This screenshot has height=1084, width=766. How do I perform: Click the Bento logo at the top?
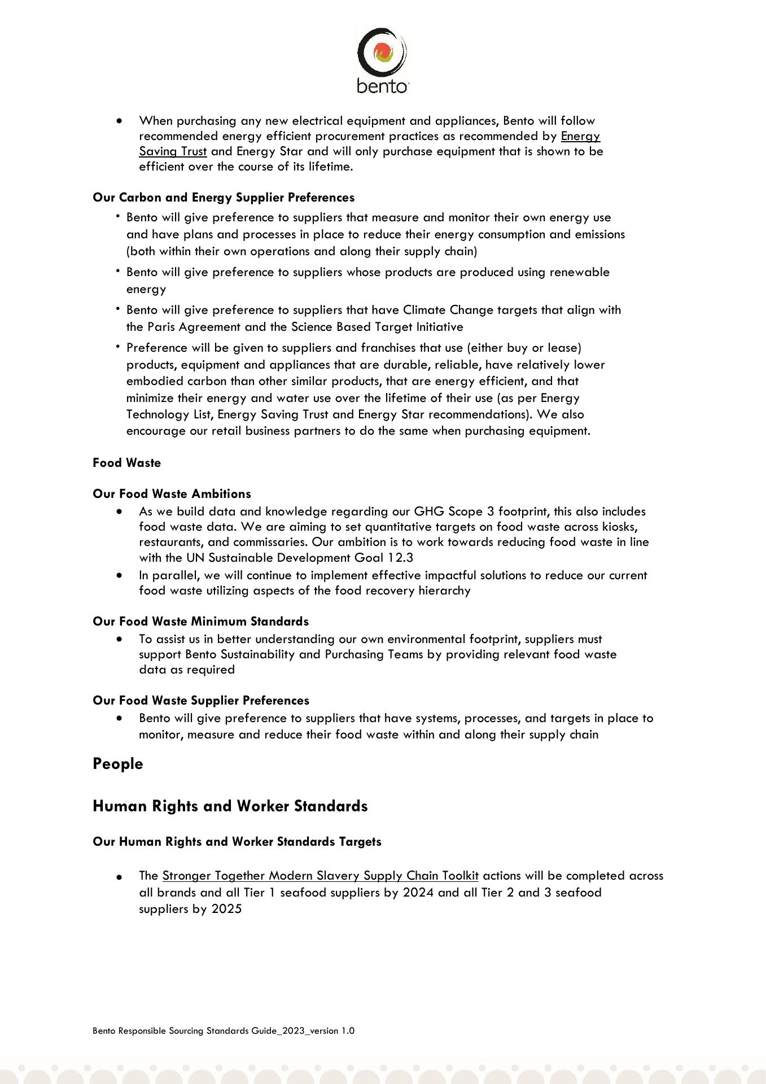(382, 60)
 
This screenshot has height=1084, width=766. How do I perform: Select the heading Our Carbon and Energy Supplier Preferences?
(224, 198)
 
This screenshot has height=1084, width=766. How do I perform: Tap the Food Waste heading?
(127, 463)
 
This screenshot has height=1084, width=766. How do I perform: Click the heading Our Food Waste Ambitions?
(172, 494)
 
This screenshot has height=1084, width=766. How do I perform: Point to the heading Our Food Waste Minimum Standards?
(201, 622)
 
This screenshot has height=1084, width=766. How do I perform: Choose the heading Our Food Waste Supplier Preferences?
(201, 701)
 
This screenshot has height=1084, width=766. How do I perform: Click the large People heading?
(118, 764)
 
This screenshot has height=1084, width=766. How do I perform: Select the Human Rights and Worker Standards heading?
(230, 806)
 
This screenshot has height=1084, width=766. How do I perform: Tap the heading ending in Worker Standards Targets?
(237, 842)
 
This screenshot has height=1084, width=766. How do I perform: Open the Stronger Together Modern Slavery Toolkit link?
(321, 876)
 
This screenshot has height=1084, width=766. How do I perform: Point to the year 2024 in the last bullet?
(418, 893)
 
